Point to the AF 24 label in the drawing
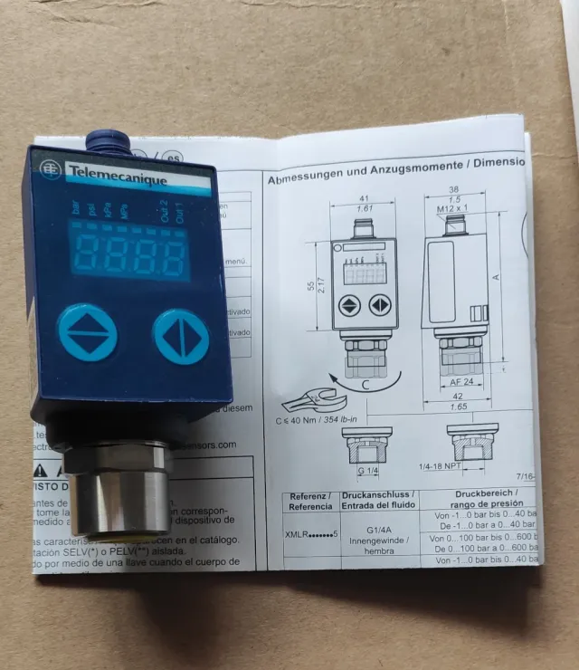(461, 381)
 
